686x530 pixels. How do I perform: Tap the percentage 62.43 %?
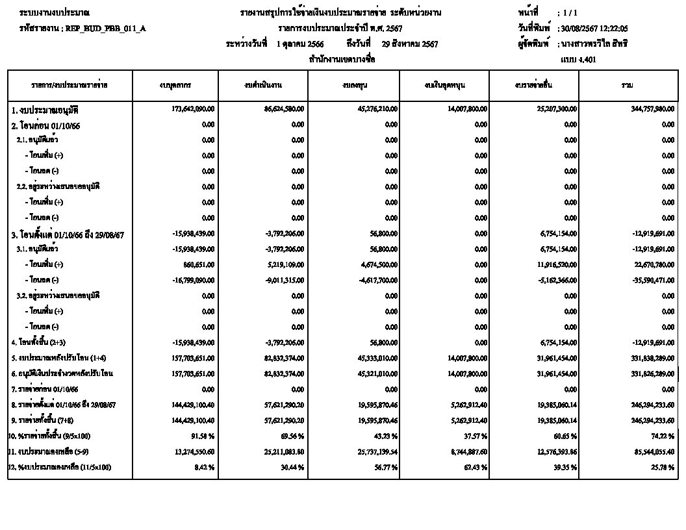(477, 467)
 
